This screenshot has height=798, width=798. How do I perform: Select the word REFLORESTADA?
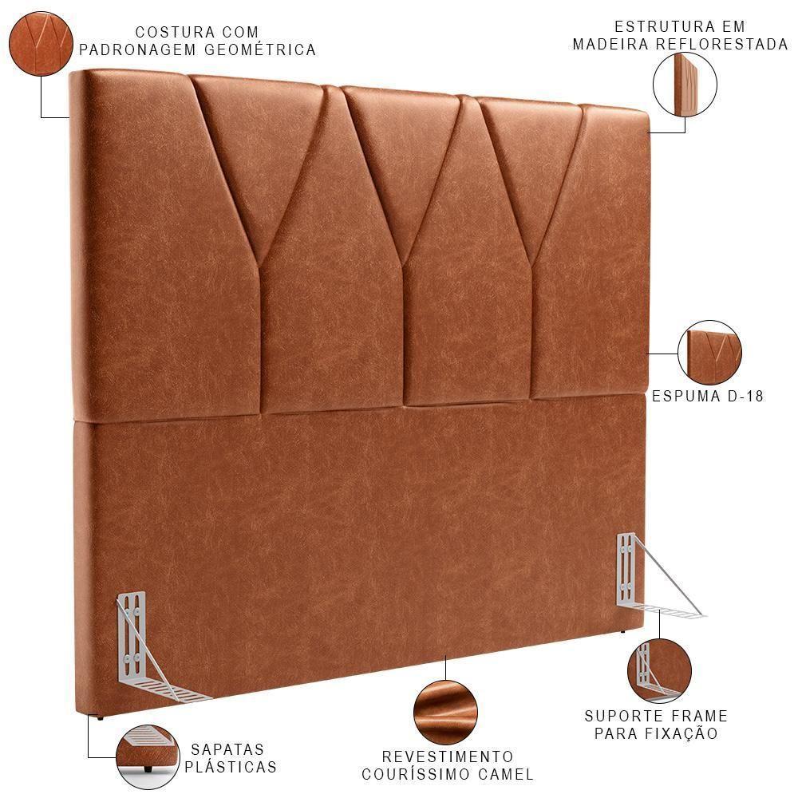tap(721, 45)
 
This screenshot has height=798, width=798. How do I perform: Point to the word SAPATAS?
tap(227, 749)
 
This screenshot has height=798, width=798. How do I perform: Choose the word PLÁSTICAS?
tap(231, 768)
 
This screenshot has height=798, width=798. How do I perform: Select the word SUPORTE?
tap(619, 716)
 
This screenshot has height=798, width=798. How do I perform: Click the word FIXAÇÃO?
tap(681, 733)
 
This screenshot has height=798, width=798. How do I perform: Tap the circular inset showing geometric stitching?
tap(41, 45)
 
